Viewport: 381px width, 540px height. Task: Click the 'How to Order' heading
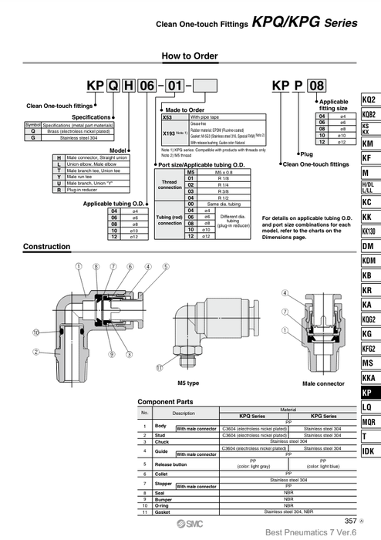[x=190, y=56]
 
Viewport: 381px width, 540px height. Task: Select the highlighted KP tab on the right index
[x=369, y=392]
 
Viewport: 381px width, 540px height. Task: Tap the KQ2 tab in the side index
[x=369, y=100]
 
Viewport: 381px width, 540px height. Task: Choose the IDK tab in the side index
[x=369, y=451]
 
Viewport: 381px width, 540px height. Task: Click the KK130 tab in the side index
[x=369, y=231]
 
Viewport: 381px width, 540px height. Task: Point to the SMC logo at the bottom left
[x=157, y=521]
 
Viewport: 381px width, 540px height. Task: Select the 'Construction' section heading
[x=47, y=247]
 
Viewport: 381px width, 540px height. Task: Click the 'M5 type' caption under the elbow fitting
[x=188, y=383]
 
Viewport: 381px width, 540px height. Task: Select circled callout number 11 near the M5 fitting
[x=160, y=368]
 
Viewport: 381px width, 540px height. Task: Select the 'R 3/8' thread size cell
[x=223, y=191]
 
